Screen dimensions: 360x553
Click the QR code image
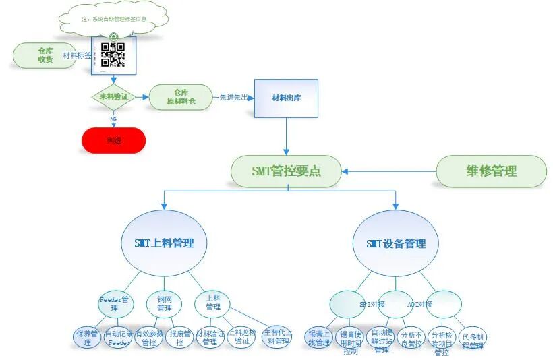click(113, 55)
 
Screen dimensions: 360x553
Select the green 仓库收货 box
click(45, 55)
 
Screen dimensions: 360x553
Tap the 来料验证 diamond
click(113, 97)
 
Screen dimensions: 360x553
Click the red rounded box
click(113, 140)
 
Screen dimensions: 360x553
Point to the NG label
click(113, 119)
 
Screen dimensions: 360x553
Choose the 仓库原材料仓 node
click(180, 97)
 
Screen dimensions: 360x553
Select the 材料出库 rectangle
click(286, 98)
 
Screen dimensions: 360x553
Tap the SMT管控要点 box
click(286, 171)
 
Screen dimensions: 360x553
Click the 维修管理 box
click(491, 171)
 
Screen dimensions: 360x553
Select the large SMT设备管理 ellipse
click(395, 243)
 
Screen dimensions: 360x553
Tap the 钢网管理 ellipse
click(165, 303)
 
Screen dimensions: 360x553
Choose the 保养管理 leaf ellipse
click(87, 338)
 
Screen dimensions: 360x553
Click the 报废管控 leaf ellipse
click(179, 338)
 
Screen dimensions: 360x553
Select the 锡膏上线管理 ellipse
click(318, 338)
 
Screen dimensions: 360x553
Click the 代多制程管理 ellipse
click(473, 340)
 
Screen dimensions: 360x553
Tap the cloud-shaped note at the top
click(113, 20)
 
